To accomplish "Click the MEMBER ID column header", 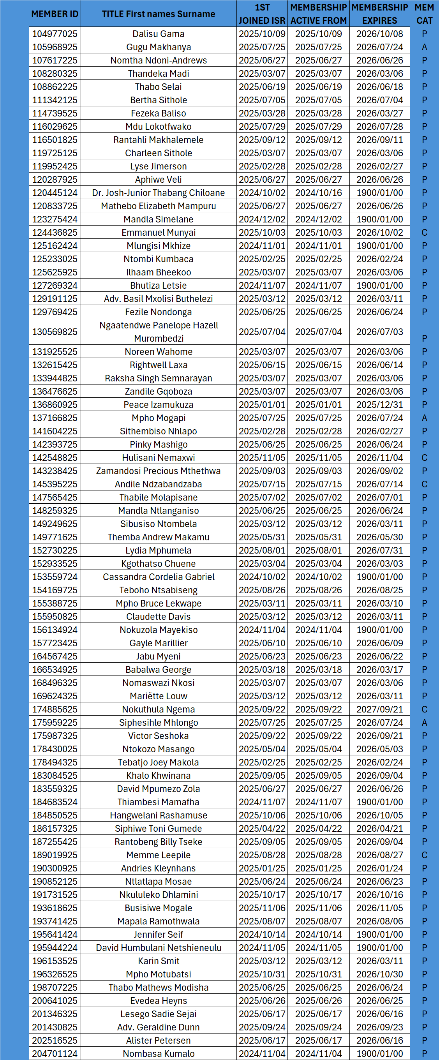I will (x=55, y=14).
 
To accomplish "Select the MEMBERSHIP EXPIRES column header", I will (x=379, y=14).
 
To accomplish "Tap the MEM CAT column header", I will (x=424, y=14).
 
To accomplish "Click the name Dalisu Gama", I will (x=159, y=34).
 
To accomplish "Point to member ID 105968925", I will (x=55, y=47).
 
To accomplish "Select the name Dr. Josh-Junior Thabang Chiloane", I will (x=159, y=192).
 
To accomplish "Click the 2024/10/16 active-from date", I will (x=319, y=192).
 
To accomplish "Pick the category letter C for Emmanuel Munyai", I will (x=424, y=233).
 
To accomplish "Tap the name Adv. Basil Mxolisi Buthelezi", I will (x=159, y=299).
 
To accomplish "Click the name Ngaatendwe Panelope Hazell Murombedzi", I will (x=159, y=332).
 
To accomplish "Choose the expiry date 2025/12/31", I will (x=379, y=404).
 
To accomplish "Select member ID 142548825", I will (x=55, y=458).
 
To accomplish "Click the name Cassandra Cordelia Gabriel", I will (x=159, y=577).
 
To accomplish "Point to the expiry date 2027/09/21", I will (x=379, y=709).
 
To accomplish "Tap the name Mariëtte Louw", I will (x=159, y=696).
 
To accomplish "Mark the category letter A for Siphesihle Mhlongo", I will (x=424, y=723).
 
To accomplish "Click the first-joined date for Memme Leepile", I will (x=262, y=855).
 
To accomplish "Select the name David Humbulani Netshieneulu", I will (x=159, y=948).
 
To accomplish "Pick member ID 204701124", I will (x=55, y=1054).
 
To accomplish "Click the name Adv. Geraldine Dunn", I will (x=159, y=1027).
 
